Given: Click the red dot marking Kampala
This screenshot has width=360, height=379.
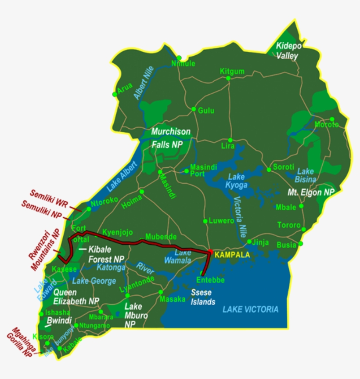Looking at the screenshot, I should coord(210,252).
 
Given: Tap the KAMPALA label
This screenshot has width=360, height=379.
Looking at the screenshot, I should coord(232,255).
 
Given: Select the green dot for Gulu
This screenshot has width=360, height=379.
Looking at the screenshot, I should coord(194,109).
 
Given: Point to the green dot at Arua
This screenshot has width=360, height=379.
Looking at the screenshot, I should coord(115,94).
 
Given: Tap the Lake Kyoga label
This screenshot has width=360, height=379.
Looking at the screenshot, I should coord(238,181).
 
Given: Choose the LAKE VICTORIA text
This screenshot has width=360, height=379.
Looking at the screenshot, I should coord(250,309).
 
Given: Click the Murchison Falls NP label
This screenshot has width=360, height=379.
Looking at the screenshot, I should coord(171,137).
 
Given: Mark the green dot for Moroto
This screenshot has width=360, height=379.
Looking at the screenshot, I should coord(332,119).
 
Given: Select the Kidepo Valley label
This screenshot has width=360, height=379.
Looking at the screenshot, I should coord(287,51).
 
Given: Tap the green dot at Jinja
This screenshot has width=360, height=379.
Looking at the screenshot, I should coord(249,242).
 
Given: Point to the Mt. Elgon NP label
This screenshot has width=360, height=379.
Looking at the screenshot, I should coord(311,192).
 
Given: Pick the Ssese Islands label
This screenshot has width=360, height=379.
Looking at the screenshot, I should coord(203,297).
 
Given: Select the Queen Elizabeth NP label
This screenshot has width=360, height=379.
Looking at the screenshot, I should coord(76,296).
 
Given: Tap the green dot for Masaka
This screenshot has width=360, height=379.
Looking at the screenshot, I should coord(161,292).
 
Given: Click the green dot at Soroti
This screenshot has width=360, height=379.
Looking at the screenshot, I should coord(269,169).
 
